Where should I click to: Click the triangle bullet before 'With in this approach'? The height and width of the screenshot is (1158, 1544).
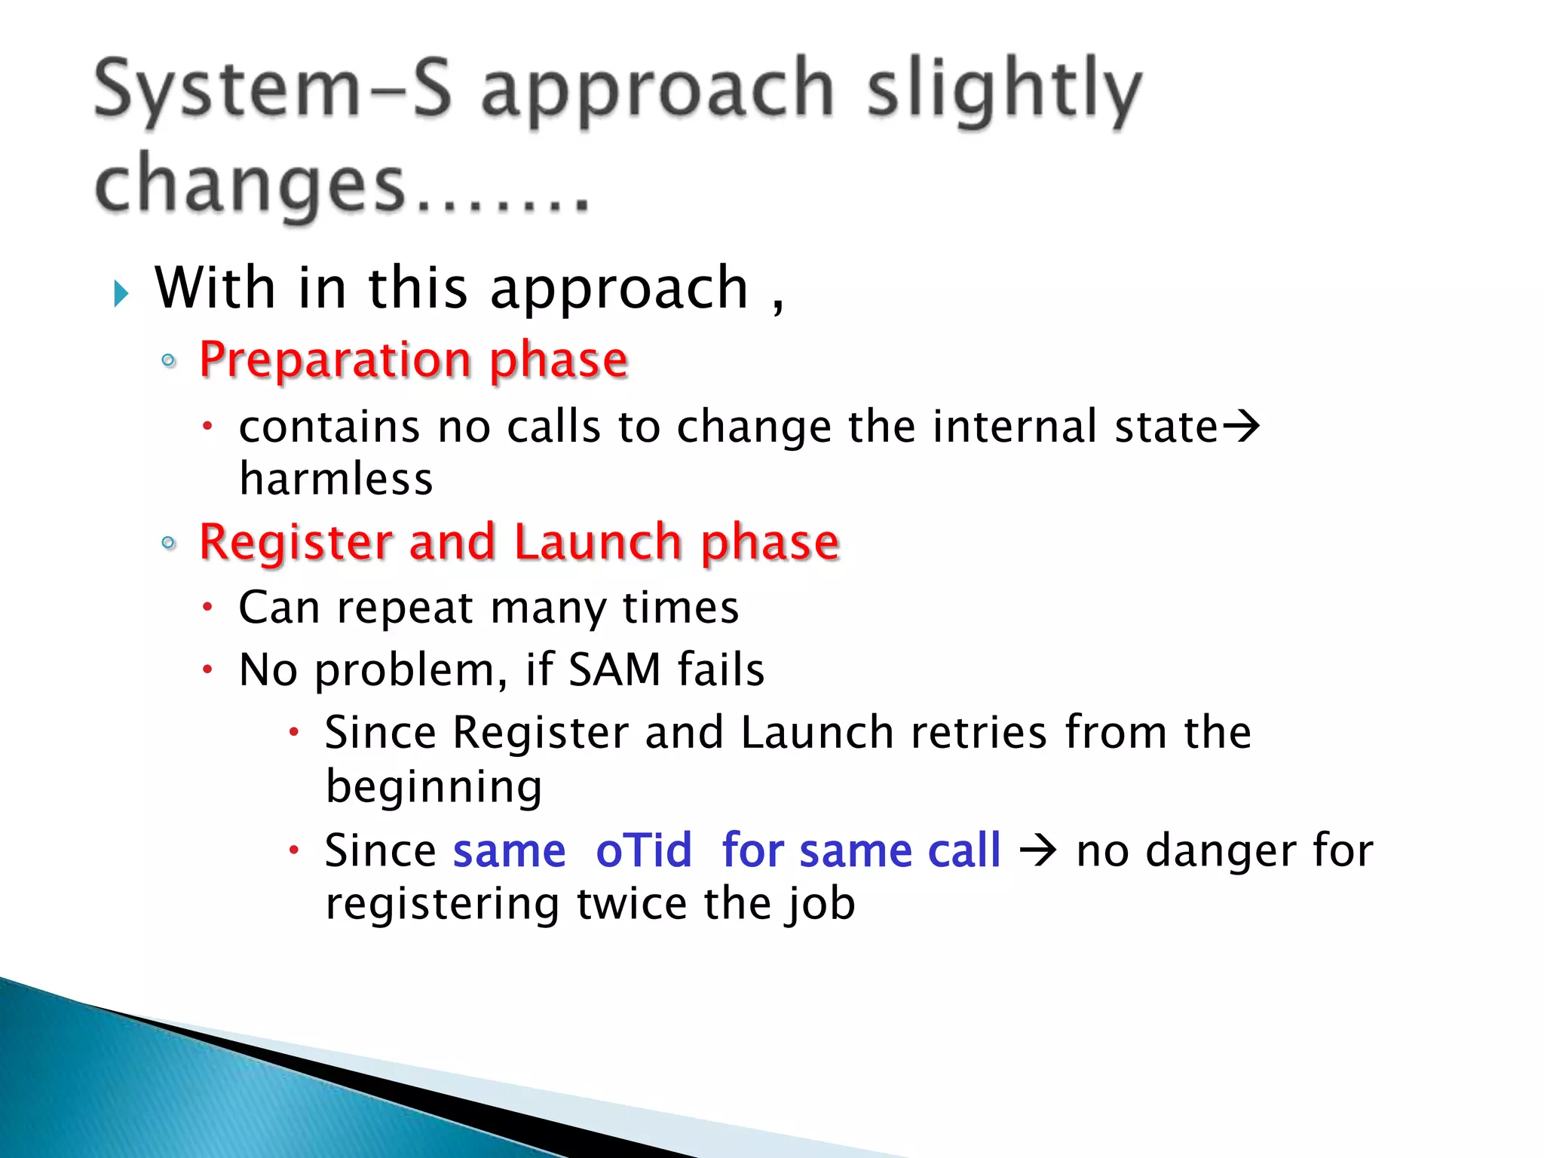click(x=121, y=293)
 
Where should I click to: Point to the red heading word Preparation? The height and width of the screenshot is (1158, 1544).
click(x=335, y=360)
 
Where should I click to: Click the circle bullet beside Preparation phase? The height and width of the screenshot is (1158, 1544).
click(x=169, y=360)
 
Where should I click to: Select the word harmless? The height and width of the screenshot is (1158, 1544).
click(x=336, y=479)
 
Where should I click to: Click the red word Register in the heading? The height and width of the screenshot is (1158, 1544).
click(x=295, y=542)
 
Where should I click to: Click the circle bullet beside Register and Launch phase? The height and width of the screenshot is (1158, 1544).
click(x=169, y=543)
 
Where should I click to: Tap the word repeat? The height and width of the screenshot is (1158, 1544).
click(x=404, y=608)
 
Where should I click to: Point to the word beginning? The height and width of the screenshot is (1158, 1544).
click(x=433, y=787)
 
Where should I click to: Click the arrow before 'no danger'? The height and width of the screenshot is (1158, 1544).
click(x=1038, y=852)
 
